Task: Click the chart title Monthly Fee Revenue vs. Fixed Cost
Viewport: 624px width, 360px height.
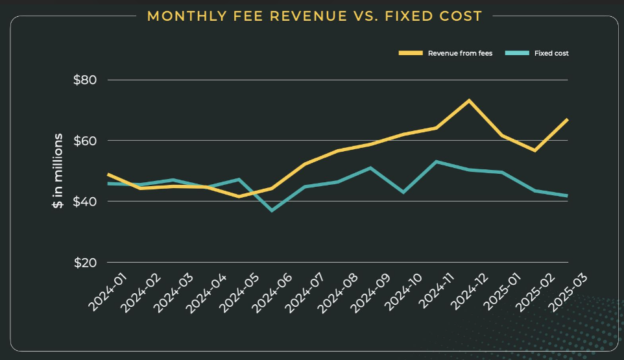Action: [315, 16]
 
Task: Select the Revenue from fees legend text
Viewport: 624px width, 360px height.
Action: [460, 53]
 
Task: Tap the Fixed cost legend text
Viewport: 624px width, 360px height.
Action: [551, 53]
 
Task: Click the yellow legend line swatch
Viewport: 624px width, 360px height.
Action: [410, 53]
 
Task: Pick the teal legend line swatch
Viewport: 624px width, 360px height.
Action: [516, 53]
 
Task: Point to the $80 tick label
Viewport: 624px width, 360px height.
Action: [84, 80]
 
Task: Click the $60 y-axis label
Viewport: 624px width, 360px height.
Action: [84, 141]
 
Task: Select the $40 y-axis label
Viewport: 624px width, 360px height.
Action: [84, 202]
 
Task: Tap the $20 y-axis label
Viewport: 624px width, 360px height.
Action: [84, 263]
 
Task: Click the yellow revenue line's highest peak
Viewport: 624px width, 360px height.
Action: [469, 101]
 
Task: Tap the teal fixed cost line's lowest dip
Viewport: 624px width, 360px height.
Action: [272, 211]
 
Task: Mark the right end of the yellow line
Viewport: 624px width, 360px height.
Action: [568, 119]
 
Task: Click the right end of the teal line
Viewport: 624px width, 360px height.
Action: [568, 196]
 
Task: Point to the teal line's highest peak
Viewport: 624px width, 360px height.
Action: [437, 162]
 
